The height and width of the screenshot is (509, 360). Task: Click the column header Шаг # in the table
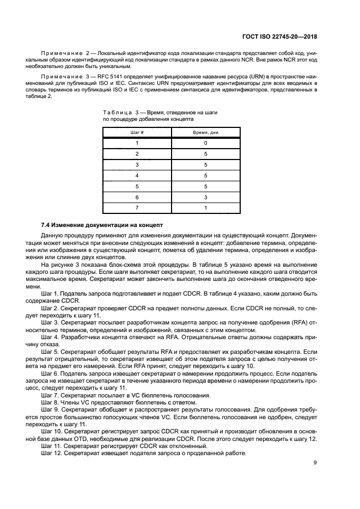[x=137, y=132]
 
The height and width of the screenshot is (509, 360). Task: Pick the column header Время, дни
[x=205, y=132]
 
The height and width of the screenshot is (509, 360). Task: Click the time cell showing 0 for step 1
[x=205, y=143]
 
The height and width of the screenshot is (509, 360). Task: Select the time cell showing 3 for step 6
[x=205, y=197]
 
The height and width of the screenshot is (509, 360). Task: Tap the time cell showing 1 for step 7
[x=205, y=208]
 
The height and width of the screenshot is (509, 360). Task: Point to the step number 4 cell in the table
[x=137, y=175]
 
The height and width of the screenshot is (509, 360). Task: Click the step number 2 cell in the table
[x=137, y=154]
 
